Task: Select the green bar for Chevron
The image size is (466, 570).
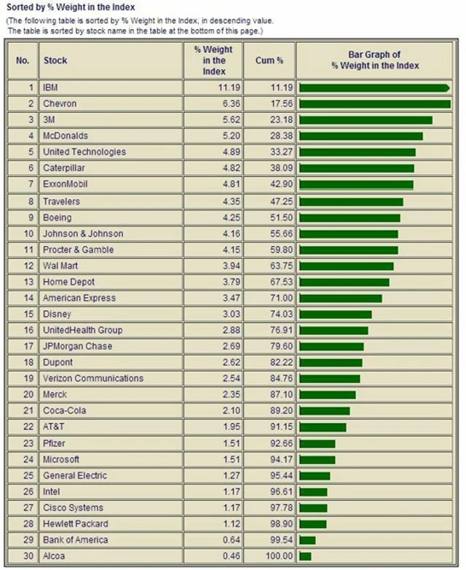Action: [374, 104]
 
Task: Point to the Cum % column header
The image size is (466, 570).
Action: [269, 60]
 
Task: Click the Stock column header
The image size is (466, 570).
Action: [55, 60]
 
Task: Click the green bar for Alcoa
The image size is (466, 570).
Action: [305, 556]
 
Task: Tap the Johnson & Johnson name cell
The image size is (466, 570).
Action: [83, 234]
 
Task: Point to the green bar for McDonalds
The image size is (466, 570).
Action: [360, 136]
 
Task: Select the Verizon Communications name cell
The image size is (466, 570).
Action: [93, 379]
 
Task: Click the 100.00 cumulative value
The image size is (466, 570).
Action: [271, 556]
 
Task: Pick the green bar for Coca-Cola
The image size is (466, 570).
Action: [324, 411]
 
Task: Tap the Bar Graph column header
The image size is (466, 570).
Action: [375, 60]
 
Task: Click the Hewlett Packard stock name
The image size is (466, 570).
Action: [76, 523]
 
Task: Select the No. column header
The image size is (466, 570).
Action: [22, 60]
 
